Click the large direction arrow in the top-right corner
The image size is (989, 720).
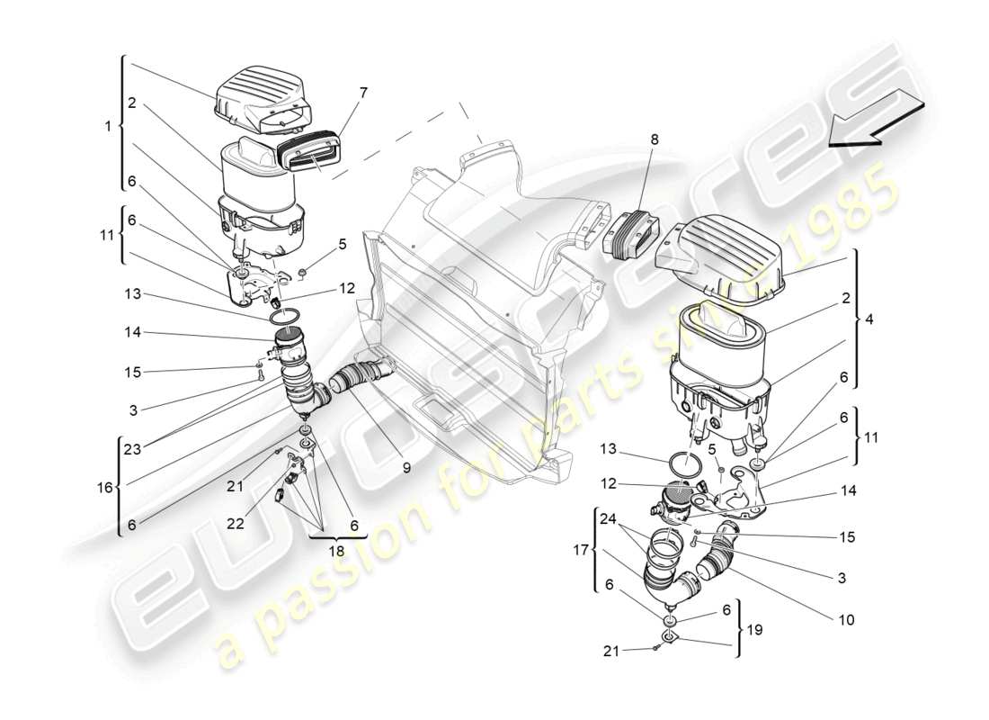point(876,120)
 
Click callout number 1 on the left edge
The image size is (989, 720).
point(109,127)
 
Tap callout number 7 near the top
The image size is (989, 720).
point(362,93)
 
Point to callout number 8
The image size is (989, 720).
point(654,139)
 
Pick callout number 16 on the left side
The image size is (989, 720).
point(105,487)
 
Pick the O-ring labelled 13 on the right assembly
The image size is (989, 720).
point(686,469)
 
